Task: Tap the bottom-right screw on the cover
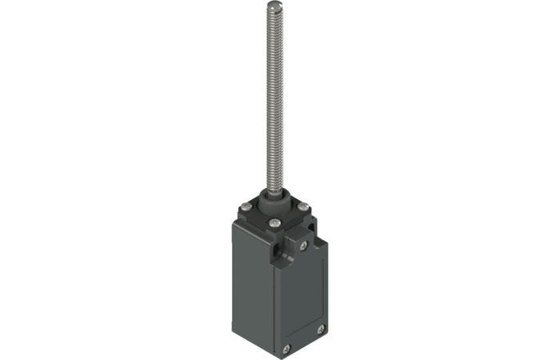[320, 329]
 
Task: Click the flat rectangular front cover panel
[301, 300]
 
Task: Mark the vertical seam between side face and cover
[276, 304]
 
